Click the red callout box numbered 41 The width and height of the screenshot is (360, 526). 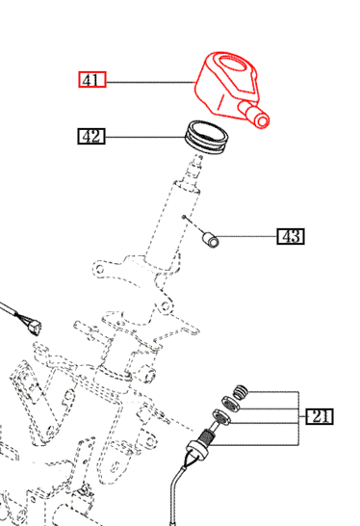click(x=92, y=80)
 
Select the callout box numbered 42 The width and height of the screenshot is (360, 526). click(x=91, y=136)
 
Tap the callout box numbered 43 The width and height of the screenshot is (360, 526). click(x=291, y=236)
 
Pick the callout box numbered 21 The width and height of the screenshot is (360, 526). click(x=320, y=416)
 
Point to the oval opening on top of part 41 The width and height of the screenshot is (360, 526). click(x=233, y=64)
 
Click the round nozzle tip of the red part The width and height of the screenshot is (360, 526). click(x=262, y=120)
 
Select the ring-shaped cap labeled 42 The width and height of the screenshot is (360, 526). click(x=207, y=137)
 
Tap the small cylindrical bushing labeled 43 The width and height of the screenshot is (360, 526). click(x=211, y=240)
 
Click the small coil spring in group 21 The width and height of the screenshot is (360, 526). click(x=241, y=392)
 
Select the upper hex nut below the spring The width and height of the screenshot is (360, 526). click(x=231, y=404)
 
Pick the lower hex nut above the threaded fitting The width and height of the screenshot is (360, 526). click(x=221, y=417)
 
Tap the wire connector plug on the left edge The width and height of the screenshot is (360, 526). click(x=34, y=328)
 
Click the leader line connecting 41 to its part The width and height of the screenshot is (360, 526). click(x=150, y=82)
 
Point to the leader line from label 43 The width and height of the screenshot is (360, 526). click(x=247, y=236)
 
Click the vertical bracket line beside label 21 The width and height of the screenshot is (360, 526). click(x=298, y=418)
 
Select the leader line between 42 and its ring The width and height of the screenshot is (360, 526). click(x=145, y=137)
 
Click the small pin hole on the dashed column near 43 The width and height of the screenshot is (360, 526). click(x=184, y=217)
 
